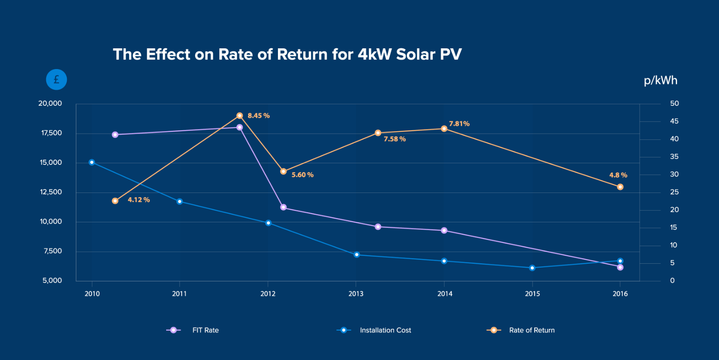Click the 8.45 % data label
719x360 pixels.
259,116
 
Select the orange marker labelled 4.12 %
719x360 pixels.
115,201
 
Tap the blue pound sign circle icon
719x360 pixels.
57,79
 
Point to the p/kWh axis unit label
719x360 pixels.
660,80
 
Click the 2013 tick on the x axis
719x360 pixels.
356,294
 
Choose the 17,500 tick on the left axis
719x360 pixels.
51,133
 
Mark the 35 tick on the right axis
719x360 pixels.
674,157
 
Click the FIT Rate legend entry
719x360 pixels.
205,330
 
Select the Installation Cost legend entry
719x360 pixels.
385,330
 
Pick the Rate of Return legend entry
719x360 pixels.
531,330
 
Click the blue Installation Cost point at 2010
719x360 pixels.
91,162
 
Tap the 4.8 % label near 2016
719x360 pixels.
618,175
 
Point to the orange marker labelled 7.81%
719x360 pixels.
444,129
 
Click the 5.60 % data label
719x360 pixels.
302,175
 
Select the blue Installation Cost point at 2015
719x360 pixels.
532,268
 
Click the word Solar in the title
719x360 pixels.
416,54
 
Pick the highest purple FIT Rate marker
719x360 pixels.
240,127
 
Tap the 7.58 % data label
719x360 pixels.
394,139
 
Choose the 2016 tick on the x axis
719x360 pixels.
620,294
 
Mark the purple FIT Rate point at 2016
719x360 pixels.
620,267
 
